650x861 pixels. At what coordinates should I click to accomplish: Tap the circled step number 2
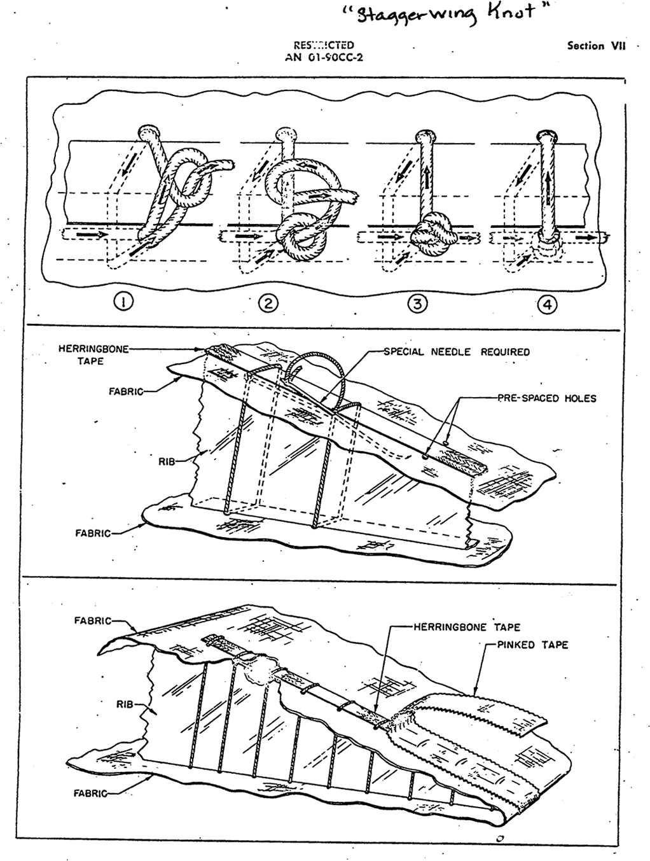point(268,304)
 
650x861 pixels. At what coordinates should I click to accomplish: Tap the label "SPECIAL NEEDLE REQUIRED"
point(457,351)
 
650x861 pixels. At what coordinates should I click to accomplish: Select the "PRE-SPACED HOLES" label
point(547,398)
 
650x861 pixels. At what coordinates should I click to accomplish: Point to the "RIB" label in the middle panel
point(166,462)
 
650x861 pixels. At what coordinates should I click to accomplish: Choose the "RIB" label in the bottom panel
point(125,704)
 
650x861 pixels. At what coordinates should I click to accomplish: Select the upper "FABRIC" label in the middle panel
point(126,391)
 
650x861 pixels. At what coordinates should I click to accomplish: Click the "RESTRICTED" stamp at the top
point(324,45)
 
